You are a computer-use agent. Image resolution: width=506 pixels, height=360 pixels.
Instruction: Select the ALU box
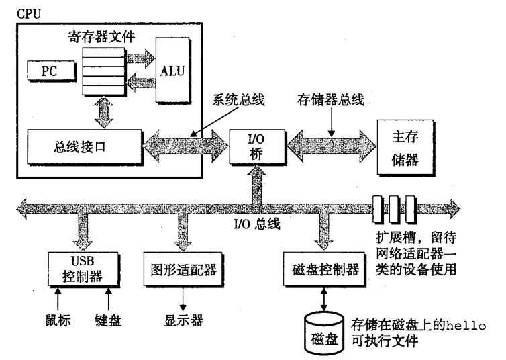click(x=173, y=69)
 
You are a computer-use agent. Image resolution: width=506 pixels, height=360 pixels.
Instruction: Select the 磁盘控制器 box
click(x=320, y=271)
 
